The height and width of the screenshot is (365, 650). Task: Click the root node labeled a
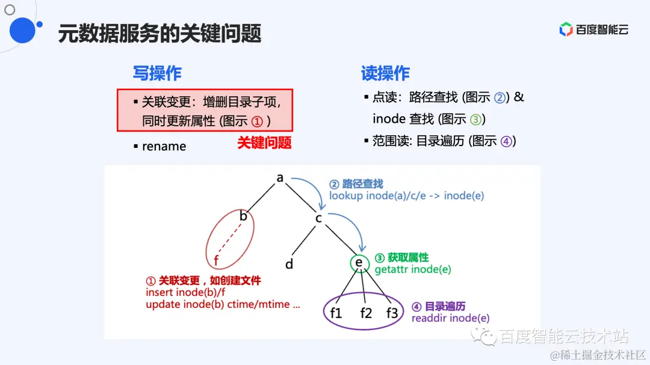pos(280,177)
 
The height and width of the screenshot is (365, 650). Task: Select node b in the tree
pos(244,216)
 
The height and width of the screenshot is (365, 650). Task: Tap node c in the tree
pos(319,218)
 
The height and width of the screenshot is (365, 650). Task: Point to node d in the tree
pos(289,264)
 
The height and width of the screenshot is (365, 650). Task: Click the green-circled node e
pos(359,263)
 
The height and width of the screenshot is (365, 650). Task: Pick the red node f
pos(217,260)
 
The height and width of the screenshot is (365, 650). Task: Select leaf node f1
pos(336,313)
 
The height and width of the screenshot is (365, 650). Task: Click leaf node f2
pos(366,313)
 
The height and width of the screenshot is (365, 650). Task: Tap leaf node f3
pos(392,313)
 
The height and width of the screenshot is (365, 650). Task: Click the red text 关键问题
pos(264,143)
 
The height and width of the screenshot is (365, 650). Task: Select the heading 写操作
pos(157,73)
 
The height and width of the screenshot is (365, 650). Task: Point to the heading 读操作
pos(385,73)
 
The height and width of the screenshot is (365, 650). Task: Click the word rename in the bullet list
pos(164,146)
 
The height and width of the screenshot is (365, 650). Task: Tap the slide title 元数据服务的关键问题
pos(159,33)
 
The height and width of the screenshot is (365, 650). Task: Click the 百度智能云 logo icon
pos(566,29)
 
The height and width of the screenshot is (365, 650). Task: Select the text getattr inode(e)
pos(413,269)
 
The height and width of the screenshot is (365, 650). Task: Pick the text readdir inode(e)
pos(450,318)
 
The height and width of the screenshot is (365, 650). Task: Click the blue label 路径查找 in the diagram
pos(362,184)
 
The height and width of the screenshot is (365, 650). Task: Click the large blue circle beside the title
pos(22,30)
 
